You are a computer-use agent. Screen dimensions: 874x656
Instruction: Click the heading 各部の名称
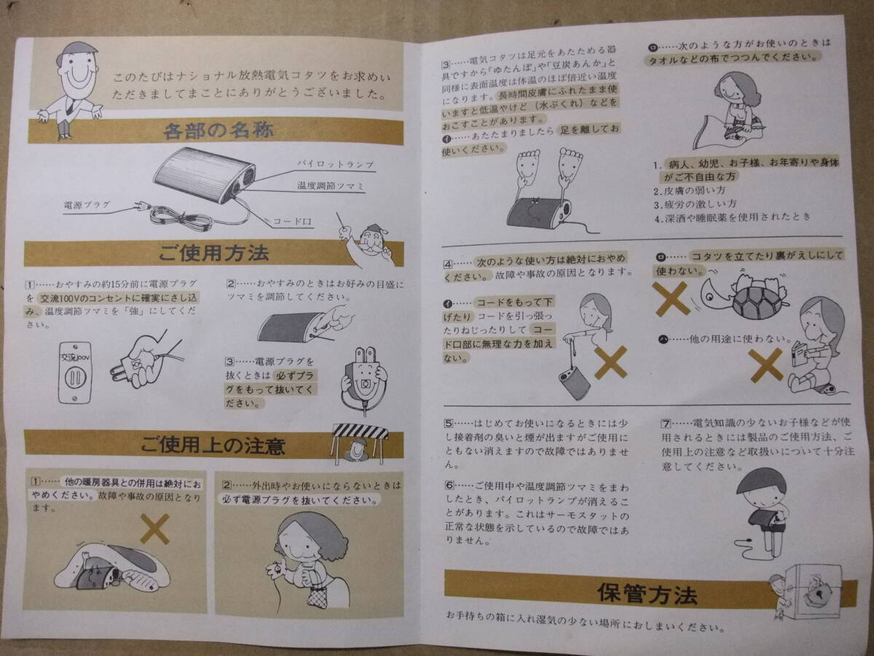[x=219, y=131]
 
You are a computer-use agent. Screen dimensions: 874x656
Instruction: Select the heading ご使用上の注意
[x=213, y=445]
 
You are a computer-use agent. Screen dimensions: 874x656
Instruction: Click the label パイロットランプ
[x=336, y=164]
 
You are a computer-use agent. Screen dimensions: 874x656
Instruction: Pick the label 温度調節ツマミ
[x=330, y=186]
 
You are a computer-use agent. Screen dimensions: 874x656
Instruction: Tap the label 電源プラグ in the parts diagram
[x=87, y=206]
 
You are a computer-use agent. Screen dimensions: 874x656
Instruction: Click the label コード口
[x=292, y=222]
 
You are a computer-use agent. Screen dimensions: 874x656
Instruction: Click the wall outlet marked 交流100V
[x=75, y=372]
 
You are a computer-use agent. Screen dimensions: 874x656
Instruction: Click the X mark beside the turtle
[x=672, y=299]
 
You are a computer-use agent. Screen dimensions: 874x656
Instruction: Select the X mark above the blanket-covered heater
[x=155, y=529]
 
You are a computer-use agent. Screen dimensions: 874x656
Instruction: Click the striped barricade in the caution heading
[x=360, y=432]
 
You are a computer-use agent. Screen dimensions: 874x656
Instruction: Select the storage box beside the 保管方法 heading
[x=816, y=592]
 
